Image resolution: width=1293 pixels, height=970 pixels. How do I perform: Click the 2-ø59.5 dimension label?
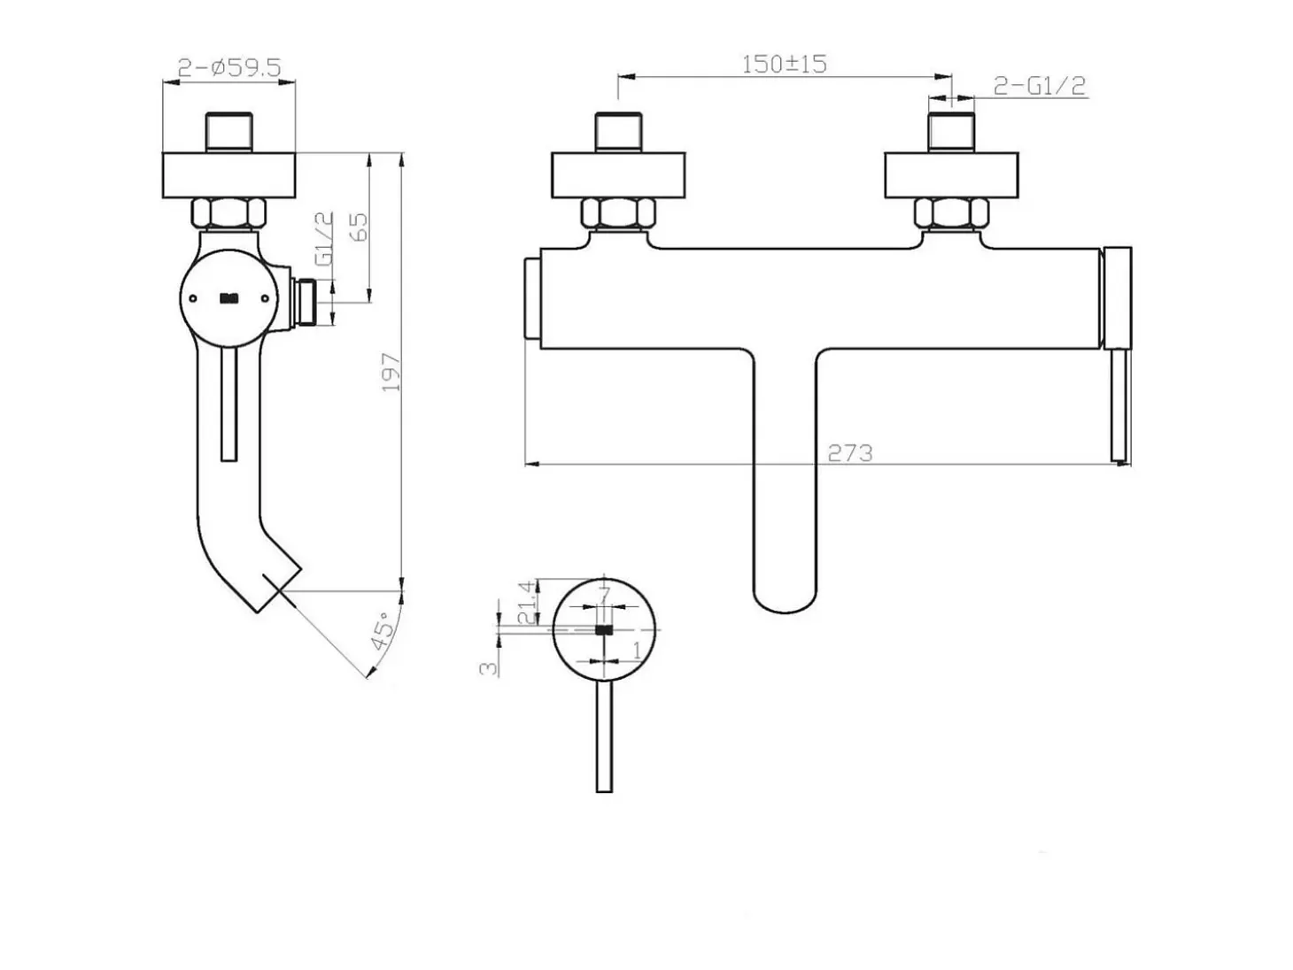229,68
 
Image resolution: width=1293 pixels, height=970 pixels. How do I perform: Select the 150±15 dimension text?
784,64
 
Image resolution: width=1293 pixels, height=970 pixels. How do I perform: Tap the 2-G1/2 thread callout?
1039,86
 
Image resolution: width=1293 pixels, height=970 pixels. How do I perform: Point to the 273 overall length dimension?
850,453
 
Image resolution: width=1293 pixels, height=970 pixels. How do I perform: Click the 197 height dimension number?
391,372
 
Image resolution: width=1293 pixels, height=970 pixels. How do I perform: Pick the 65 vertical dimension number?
358,227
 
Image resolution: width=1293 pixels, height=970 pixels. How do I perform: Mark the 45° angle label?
382,630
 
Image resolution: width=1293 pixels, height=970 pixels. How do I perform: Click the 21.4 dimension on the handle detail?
527,602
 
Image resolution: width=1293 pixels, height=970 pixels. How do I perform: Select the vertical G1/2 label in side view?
324,238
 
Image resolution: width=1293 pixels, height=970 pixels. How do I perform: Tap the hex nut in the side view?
228,213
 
